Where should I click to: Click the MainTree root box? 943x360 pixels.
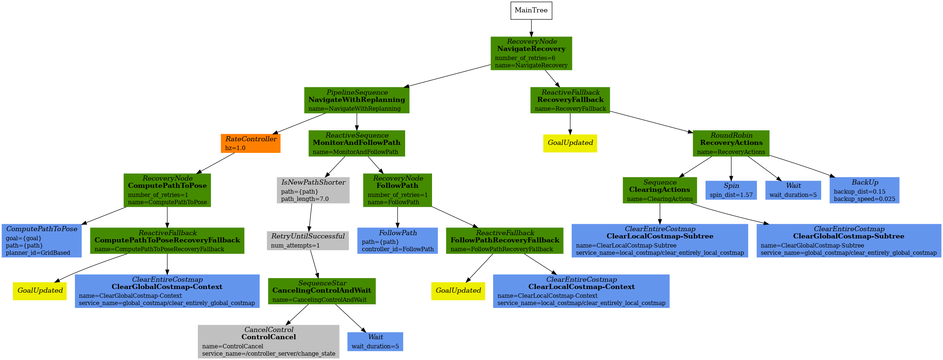[x=531, y=11]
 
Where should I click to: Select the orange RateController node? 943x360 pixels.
[x=251, y=143]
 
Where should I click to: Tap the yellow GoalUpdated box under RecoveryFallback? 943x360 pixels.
[x=570, y=143]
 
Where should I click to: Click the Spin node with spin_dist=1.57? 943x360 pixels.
[x=731, y=190]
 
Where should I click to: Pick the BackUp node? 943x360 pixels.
[x=864, y=190]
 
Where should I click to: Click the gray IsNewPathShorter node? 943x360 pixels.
[x=313, y=190]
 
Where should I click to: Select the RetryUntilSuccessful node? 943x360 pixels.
[x=308, y=241]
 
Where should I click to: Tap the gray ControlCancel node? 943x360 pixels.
[x=268, y=341]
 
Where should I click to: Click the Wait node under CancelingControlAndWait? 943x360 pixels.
[x=375, y=341]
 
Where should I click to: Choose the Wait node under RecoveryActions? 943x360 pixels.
[x=793, y=190]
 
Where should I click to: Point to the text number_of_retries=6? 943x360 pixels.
[x=525, y=58]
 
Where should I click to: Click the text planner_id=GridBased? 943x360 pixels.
[x=38, y=253]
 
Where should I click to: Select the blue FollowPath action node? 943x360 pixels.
[x=397, y=241]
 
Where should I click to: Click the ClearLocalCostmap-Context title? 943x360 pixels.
[x=581, y=287]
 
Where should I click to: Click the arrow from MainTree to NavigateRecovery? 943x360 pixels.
[x=531, y=28]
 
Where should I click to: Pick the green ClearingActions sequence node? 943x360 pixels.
[x=659, y=190]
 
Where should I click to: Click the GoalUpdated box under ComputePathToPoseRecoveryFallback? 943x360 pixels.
[x=40, y=291]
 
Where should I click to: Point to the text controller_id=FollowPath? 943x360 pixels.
[x=397, y=249]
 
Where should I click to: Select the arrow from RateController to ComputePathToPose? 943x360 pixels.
[x=216, y=163]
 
